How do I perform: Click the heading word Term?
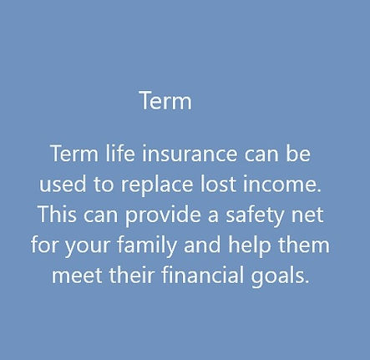[165, 102]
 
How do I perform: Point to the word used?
[60, 185]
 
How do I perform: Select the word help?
[252, 246]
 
